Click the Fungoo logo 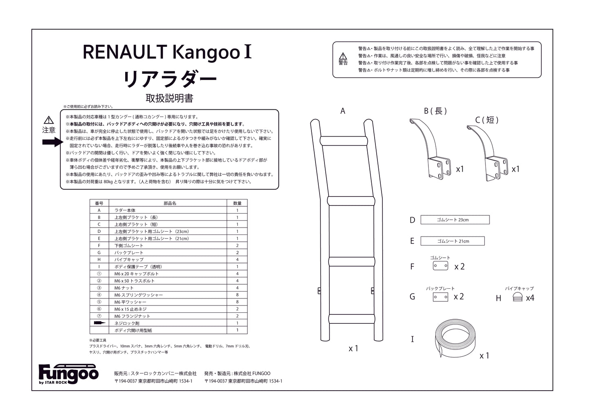click(68, 374)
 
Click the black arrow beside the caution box click(53, 142)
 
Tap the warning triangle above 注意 click(49, 120)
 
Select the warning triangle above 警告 click(343, 56)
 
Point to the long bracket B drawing click(430, 148)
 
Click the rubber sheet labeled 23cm click(455, 220)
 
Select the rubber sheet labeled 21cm click(452, 241)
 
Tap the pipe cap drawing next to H click(518, 297)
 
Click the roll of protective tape click(455, 338)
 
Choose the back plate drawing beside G click(441, 297)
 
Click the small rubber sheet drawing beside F click(441, 265)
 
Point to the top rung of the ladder click(344, 141)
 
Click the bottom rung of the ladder click(352, 319)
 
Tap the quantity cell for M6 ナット click(237, 288)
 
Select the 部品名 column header click(170, 203)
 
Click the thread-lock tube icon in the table click(99, 323)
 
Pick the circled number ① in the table click(99, 274)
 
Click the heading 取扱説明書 click(170, 98)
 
